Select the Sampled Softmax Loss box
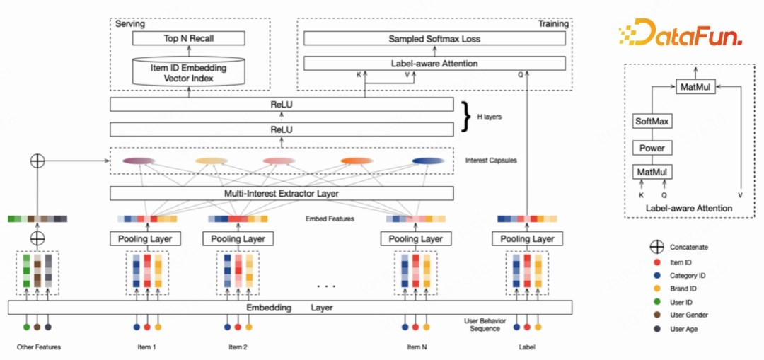click(x=434, y=39)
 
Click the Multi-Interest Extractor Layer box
click(x=282, y=194)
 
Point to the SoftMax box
click(x=652, y=122)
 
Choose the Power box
click(x=652, y=149)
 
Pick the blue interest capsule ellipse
click(x=426, y=161)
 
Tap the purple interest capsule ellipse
click(x=139, y=161)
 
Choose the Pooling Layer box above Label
click(x=528, y=239)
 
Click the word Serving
click(x=130, y=24)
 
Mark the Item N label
click(x=416, y=347)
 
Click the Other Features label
click(x=38, y=347)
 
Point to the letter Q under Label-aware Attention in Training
click(x=521, y=74)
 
